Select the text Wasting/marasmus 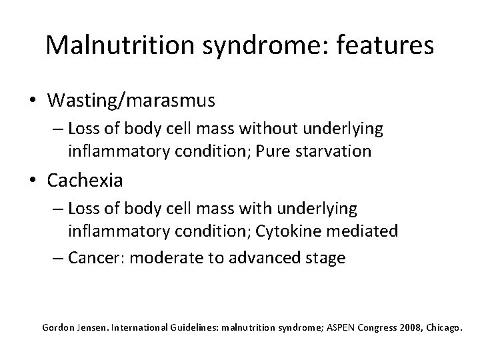tap(131, 100)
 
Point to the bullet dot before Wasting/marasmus tap(33, 101)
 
